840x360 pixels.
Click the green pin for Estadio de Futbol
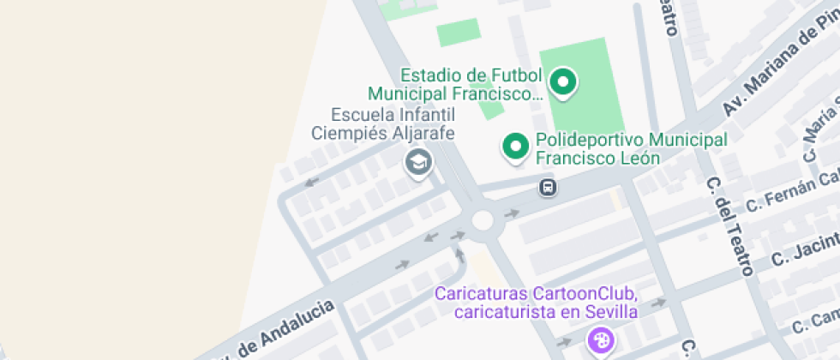pyautogui.click(x=563, y=82)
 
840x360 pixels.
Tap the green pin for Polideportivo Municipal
pyautogui.click(x=515, y=147)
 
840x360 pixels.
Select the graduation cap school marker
pyautogui.click(x=417, y=161)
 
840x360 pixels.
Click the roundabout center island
pyautogui.click(x=482, y=220)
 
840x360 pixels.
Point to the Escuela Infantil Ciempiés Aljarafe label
pyautogui.click(x=381, y=123)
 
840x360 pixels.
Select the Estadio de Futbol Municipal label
pyautogui.click(x=455, y=83)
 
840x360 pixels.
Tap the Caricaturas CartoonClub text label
pyautogui.click(x=536, y=303)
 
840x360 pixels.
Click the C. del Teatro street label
pyautogui.click(x=729, y=227)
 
